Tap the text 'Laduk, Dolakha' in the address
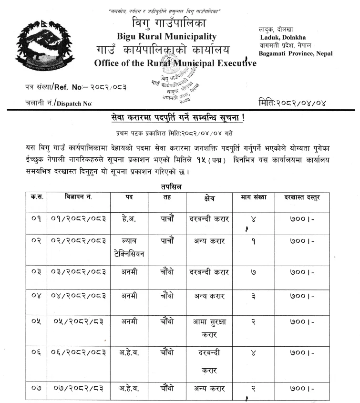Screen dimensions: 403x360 283,38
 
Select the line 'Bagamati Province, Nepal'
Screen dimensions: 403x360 296,53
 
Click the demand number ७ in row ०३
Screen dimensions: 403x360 253,272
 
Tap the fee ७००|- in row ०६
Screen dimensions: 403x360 301,353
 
